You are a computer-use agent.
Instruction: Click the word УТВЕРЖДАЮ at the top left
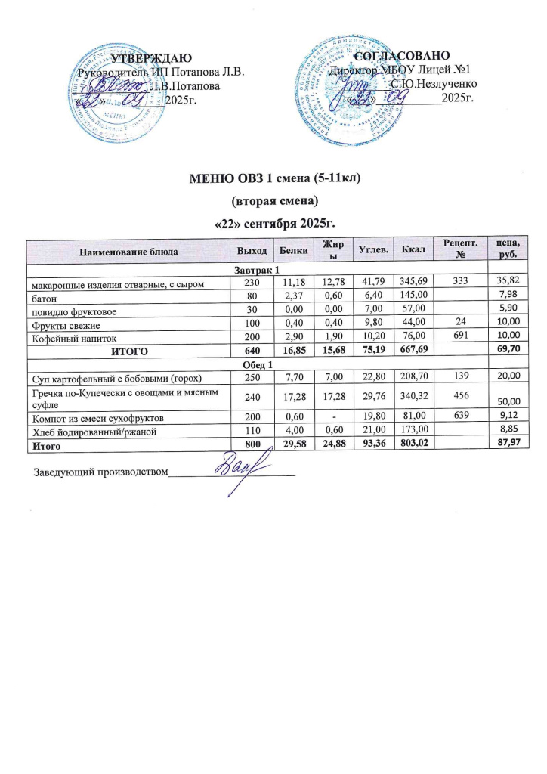[x=151, y=57]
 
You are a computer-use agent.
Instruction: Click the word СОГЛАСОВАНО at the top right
[x=403, y=56]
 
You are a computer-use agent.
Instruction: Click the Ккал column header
[x=413, y=249]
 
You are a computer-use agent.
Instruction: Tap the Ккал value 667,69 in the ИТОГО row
[x=415, y=351]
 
